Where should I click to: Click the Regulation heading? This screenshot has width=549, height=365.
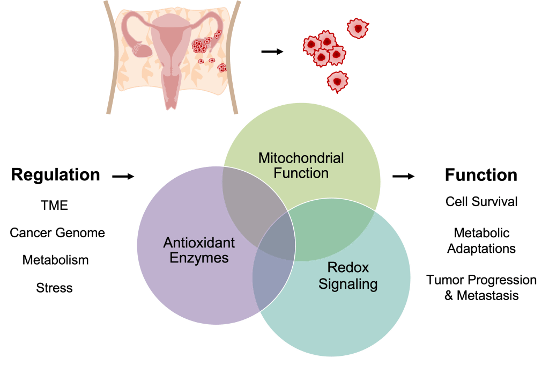click(56, 175)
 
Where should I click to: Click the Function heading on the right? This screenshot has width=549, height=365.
click(481, 175)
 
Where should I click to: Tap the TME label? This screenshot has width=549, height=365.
click(55, 205)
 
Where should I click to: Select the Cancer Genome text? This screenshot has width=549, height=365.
click(57, 233)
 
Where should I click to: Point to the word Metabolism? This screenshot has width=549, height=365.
click(55, 260)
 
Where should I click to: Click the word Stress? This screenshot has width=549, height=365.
click(55, 288)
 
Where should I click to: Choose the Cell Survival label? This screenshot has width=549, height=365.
click(481, 201)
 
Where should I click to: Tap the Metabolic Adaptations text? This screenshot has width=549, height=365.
click(481, 241)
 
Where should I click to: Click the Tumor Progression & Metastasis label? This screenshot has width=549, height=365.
click(481, 288)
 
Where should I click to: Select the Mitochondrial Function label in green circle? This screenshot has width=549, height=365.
click(301, 165)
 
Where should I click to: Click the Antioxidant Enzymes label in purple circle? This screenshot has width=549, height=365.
click(199, 250)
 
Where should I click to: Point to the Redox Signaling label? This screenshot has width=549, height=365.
click(348, 275)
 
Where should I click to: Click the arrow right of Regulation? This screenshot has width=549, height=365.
click(123, 176)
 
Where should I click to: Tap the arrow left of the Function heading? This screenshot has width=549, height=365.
click(404, 176)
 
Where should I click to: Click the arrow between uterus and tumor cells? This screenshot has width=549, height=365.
click(272, 52)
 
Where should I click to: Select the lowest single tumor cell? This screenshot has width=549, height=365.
click(337, 81)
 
